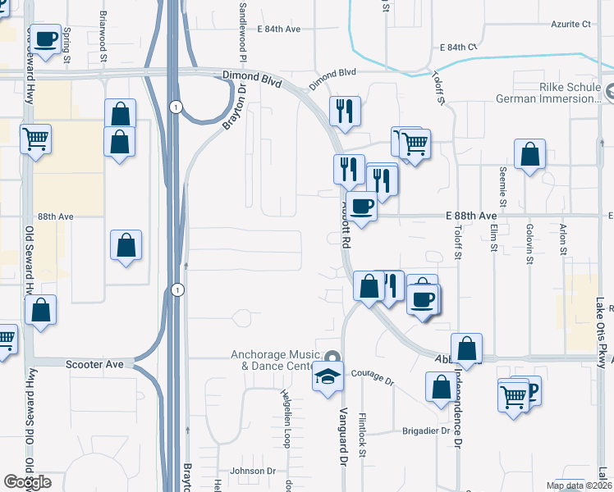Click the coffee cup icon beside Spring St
point(47,39)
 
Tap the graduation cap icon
point(327,378)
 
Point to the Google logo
point(27,481)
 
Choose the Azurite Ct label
point(571,25)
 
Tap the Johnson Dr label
point(253,471)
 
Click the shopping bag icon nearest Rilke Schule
point(530,153)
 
